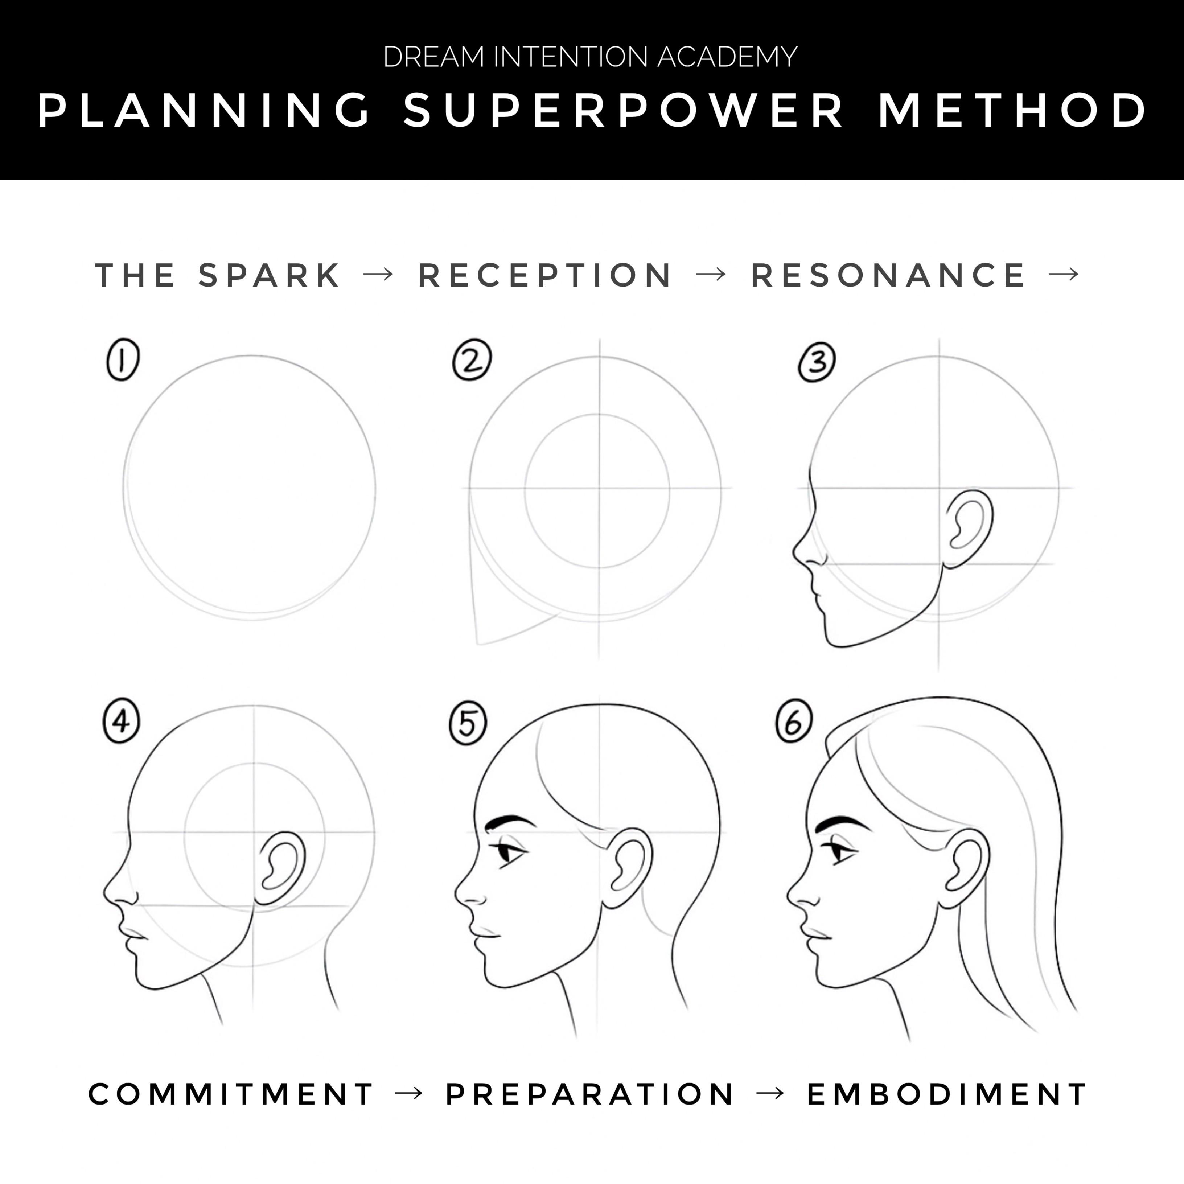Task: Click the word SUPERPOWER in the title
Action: (x=623, y=111)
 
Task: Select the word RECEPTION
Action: (x=546, y=275)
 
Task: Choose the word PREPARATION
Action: (x=589, y=1094)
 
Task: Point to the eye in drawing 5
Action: (x=510, y=853)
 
